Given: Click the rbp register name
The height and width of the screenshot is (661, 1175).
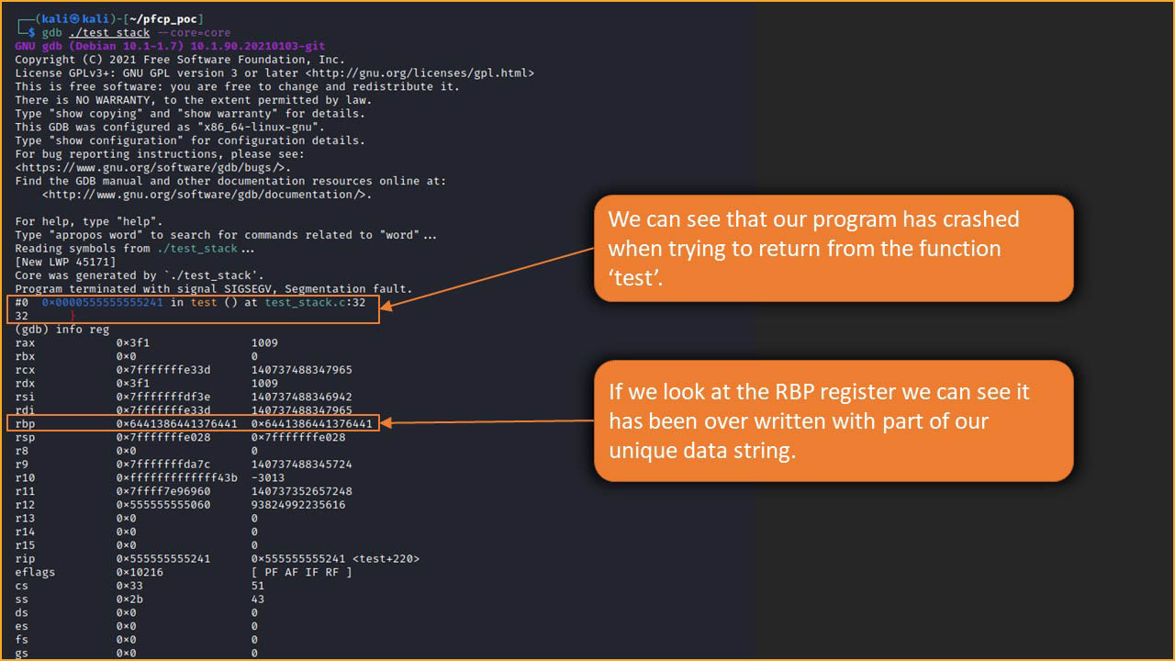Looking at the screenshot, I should pos(25,424).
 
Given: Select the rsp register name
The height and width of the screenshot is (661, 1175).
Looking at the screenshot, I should pos(25,438).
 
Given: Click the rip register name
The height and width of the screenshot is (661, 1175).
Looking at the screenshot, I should pos(25,558).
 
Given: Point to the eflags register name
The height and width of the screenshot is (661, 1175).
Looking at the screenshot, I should pos(35,572).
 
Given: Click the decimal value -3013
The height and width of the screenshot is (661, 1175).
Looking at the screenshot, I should pos(268,477).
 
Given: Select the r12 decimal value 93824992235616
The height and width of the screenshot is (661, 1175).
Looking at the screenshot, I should pos(298,505).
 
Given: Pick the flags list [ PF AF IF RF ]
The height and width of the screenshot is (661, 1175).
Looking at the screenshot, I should pos(301,572).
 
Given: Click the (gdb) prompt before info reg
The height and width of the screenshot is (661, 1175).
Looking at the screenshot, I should pos(32,330).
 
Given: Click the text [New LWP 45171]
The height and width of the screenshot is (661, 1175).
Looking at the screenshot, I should pos(65,262).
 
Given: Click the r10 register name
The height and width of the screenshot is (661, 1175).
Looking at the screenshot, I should pos(25,477).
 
